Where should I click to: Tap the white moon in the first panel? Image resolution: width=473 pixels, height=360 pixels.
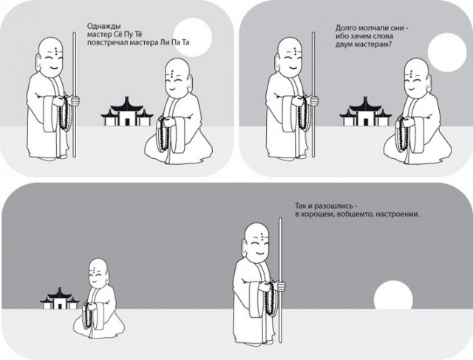(x=193, y=38)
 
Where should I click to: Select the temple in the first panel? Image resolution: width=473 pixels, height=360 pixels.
(x=127, y=112)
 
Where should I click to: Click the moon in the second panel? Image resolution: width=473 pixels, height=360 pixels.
(x=447, y=52)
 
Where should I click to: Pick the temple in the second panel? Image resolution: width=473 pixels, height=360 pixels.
(x=366, y=112)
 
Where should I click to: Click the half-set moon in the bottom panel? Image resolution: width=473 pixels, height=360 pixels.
(x=393, y=294)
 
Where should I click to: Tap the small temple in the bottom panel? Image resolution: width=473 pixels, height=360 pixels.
(x=60, y=298)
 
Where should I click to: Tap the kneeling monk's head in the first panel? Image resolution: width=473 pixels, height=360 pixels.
(x=178, y=78)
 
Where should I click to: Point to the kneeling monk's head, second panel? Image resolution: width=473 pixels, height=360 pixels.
(x=417, y=78)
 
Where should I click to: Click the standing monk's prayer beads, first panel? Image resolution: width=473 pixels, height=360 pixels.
(x=64, y=113)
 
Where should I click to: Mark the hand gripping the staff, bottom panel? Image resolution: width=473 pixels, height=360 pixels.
(x=281, y=286)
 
